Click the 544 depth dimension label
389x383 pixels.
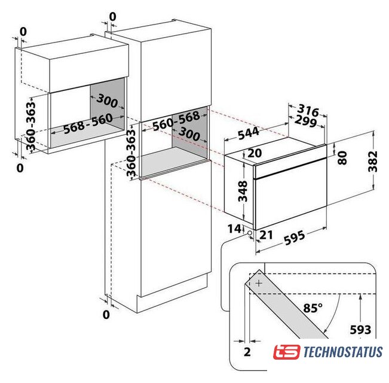click(249, 133)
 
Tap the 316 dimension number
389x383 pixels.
click(308, 110)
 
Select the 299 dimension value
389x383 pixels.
click(306, 121)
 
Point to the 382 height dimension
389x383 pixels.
click(373, 161)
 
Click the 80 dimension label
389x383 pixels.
click(342, 158)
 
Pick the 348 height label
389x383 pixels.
click(243, 191)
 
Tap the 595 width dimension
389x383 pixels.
click(294, 238)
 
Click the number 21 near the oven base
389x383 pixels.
click(266, 235)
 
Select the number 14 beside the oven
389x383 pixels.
click(234, 229)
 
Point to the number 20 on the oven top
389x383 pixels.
click(255, 153)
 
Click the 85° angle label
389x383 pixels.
click(313, 308)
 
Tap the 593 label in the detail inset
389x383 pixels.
click(360, 330)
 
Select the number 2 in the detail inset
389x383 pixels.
click(247, 352)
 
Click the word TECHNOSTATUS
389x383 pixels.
click(343, 352)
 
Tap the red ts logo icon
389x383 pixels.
click(287, 352)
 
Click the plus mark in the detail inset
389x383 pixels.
click(259, 283)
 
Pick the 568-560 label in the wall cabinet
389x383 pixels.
click(88, 124)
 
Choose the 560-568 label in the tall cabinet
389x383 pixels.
click(176, 121)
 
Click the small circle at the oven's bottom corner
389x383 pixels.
click(249, 233)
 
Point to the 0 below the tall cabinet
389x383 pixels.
click(106, 315)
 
